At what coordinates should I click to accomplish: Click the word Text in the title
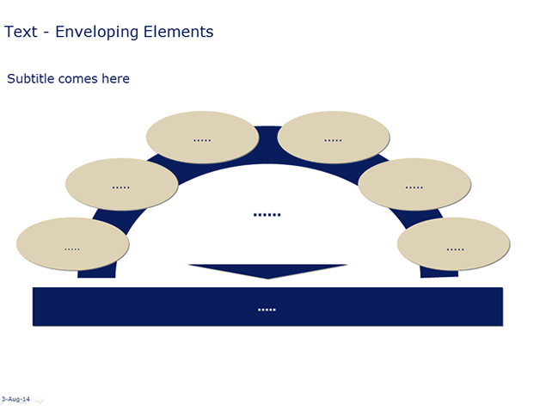coord(21,32)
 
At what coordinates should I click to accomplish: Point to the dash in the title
coord(46,34)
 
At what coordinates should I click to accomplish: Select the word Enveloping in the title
coord(97,32)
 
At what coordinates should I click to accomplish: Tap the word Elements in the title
coord(178,32)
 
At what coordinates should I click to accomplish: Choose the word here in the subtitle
coord(115,79)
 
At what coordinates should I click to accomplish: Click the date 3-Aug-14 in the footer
coord(15,399)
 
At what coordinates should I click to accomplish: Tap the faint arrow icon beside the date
coord(40,400)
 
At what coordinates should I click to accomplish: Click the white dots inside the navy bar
coord(267,310)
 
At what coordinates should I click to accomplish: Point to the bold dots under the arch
coord(267,215)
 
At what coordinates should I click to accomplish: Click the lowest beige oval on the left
coord(72,244)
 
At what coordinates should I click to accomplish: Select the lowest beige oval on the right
coord(453,244)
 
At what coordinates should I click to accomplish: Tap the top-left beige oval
coord(202,138)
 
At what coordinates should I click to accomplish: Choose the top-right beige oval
coord(334,138)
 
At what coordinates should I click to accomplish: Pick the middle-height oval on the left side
coord(121,184)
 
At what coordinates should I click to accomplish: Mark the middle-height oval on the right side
coord(414,184)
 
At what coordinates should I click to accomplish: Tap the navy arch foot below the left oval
coord(96,273)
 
